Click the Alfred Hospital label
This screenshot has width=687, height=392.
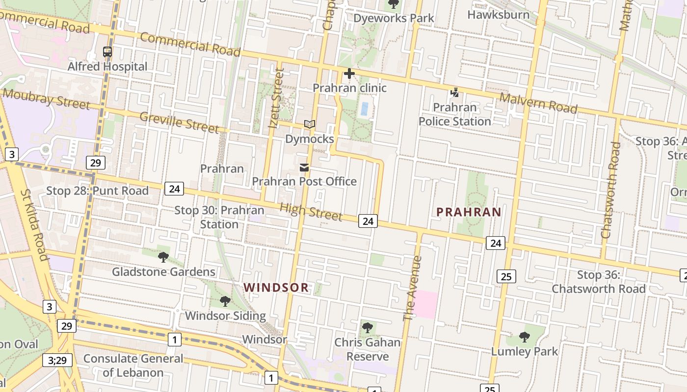pos(107,66)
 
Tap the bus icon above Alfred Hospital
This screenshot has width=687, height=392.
pos(107,51)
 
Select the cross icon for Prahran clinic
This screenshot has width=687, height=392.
pos(349,74)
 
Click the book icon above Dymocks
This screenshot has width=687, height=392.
pos(309,124)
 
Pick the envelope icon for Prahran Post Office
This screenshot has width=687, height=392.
pos(304,168)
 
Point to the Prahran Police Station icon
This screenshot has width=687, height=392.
pos(454,93)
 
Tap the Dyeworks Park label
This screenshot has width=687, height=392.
pos(394,18)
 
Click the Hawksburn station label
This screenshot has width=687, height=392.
pos(498,14)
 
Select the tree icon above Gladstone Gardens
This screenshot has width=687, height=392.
pos(163,257)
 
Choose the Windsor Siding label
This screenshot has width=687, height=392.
pos(225,316)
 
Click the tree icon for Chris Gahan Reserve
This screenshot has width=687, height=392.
pos(367,328)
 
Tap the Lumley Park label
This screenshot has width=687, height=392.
pos(525,351)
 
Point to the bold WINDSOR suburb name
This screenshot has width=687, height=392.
pos(276,288)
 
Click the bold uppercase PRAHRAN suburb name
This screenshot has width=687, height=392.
pos(469,212)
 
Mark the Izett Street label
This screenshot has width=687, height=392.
pos(276,98)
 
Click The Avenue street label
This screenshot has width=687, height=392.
pos(412,289)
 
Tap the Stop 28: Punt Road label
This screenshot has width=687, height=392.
pos(97,191)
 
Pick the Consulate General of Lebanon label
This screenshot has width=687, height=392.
pos(133,366)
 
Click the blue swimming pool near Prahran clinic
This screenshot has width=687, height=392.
pos(364,109)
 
